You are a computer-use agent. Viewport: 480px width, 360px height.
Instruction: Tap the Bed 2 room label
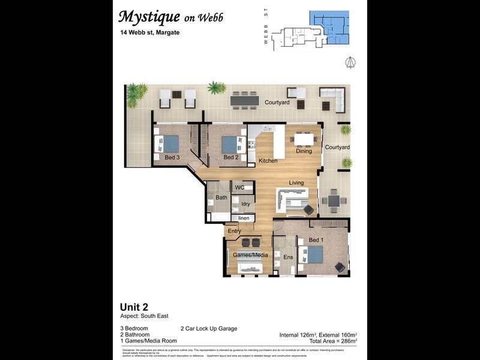231,158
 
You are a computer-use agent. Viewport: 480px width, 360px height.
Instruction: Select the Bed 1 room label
316,241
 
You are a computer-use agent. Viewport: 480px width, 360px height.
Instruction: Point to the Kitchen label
268,161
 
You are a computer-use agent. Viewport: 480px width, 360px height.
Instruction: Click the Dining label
304,151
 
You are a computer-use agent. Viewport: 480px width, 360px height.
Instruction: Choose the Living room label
296,183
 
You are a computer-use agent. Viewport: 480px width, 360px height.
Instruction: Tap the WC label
239,188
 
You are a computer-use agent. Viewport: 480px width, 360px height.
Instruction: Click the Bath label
221,197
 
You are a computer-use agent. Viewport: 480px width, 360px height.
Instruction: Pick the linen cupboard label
244,218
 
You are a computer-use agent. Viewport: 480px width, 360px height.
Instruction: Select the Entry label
234,231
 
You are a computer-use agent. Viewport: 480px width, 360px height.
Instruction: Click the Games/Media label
250,255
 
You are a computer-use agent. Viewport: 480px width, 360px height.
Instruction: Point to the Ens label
288,257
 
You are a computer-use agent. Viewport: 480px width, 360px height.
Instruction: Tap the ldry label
245,204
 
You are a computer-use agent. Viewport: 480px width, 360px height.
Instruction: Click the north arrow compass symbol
350,62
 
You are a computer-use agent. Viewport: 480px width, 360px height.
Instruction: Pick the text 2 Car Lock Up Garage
208,328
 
